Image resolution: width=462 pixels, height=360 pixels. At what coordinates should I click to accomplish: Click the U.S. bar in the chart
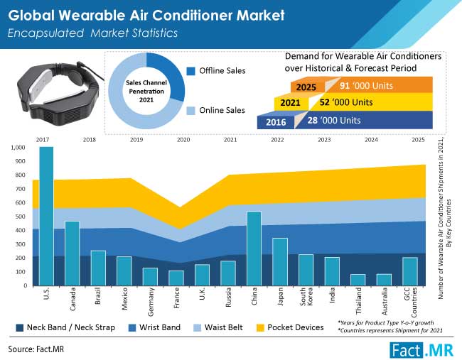(x=46, y=216)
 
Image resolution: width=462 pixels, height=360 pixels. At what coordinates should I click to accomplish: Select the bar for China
(x=254, y=249)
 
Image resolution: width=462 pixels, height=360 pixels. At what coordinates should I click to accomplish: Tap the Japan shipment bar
(x=280, y=262)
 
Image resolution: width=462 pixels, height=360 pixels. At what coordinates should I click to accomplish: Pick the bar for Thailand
(x=358, y=280)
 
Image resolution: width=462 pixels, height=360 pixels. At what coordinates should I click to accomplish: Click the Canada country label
(x=72, y=299)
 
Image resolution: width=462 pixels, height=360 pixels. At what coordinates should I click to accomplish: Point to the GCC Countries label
(x=410, y=302)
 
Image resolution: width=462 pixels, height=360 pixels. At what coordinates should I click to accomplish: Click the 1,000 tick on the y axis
(x=18, y=148)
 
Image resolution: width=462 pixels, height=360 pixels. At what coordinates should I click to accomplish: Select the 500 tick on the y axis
(x=21, y=217)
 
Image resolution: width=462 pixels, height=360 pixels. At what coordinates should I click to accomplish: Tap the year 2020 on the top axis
(x=183, y=139)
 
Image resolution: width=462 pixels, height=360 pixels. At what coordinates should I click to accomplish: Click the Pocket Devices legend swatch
(x=260, y=327)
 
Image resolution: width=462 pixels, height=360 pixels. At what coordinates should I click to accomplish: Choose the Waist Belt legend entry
(x=218, y=327)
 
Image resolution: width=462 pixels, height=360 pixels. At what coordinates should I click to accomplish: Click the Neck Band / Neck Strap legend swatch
(x=20, y=327)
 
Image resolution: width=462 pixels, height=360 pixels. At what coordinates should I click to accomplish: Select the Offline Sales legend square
(x=191, y=71)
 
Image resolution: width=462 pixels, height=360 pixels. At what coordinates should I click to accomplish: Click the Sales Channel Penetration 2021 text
(x=146, y=92)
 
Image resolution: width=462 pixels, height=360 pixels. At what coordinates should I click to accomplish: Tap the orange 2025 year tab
(x=306, y=87)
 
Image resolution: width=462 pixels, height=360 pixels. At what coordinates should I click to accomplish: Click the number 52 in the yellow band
(x=325, y=102)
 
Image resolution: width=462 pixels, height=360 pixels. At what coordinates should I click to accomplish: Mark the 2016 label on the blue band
(x=276, y=122)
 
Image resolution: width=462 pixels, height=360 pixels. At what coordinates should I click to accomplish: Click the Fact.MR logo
(x=421, y=350)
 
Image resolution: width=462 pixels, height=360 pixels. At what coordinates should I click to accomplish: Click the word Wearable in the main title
(x=92, y=16)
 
